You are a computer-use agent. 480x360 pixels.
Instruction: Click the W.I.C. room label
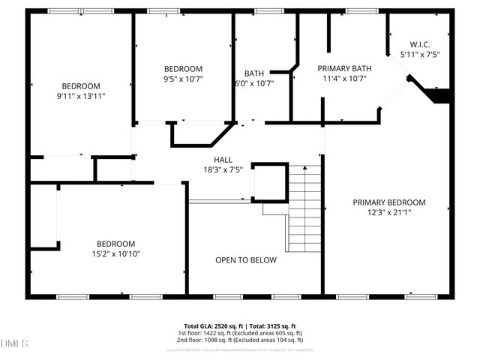click(x=418, y=44)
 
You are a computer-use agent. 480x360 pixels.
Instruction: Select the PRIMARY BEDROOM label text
click(x=389, y=202)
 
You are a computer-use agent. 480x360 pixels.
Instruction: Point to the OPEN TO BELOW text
click(x=246, y=260)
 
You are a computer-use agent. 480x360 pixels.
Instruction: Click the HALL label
click(x=223, y=159)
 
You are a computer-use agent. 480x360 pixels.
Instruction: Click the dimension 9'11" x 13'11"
click(x=81, y=96)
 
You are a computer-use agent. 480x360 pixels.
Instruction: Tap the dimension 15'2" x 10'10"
click(x=115, y=253)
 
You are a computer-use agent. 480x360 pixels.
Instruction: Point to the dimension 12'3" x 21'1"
click(x=389, y=212)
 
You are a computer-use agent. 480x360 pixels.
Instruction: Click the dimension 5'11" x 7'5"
click(x=419, y=54)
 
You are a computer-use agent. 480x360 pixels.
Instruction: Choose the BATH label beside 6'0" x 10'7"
click(x=253, y=73)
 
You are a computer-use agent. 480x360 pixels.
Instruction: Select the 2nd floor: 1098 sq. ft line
click(x=240, y=340)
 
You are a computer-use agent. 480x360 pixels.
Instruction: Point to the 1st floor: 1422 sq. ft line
click(x=240, y=333)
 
